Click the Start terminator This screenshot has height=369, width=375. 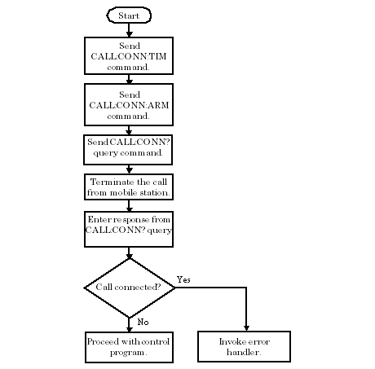click(129, 15)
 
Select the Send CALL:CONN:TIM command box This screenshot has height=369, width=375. click(129, 55)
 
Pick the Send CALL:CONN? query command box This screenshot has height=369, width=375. click(129, 148)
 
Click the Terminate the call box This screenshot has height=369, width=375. click(129, 187)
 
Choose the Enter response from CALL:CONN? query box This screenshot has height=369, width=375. click(129, 230)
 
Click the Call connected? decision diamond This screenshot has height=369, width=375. click(129, 288)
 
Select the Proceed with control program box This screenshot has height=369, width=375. click(129, 347)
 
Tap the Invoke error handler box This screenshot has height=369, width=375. click(245, 347)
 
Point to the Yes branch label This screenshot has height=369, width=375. click(183, 279)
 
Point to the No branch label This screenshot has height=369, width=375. click(142, 323)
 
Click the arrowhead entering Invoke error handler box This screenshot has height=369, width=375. click(245, 327)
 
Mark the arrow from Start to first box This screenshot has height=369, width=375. click(129, 30)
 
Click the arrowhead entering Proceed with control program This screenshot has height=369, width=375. click(129, 327)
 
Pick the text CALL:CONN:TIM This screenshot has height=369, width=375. click(129, 55)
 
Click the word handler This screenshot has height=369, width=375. click(245, 353)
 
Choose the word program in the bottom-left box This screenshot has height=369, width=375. click(128, 353)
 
